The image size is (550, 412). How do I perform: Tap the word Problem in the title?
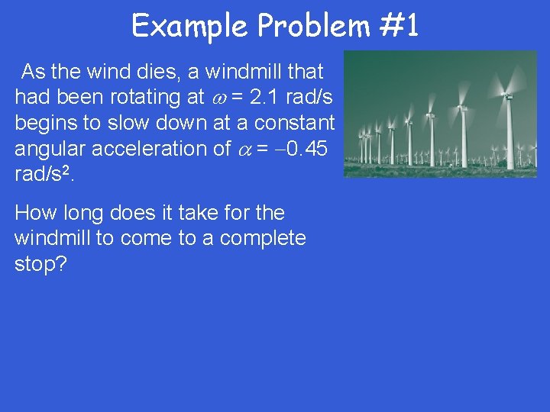[x=314, y=27]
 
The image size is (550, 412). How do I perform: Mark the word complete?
[x=263, y=238]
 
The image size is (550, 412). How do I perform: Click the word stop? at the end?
[x=40, y=264]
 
